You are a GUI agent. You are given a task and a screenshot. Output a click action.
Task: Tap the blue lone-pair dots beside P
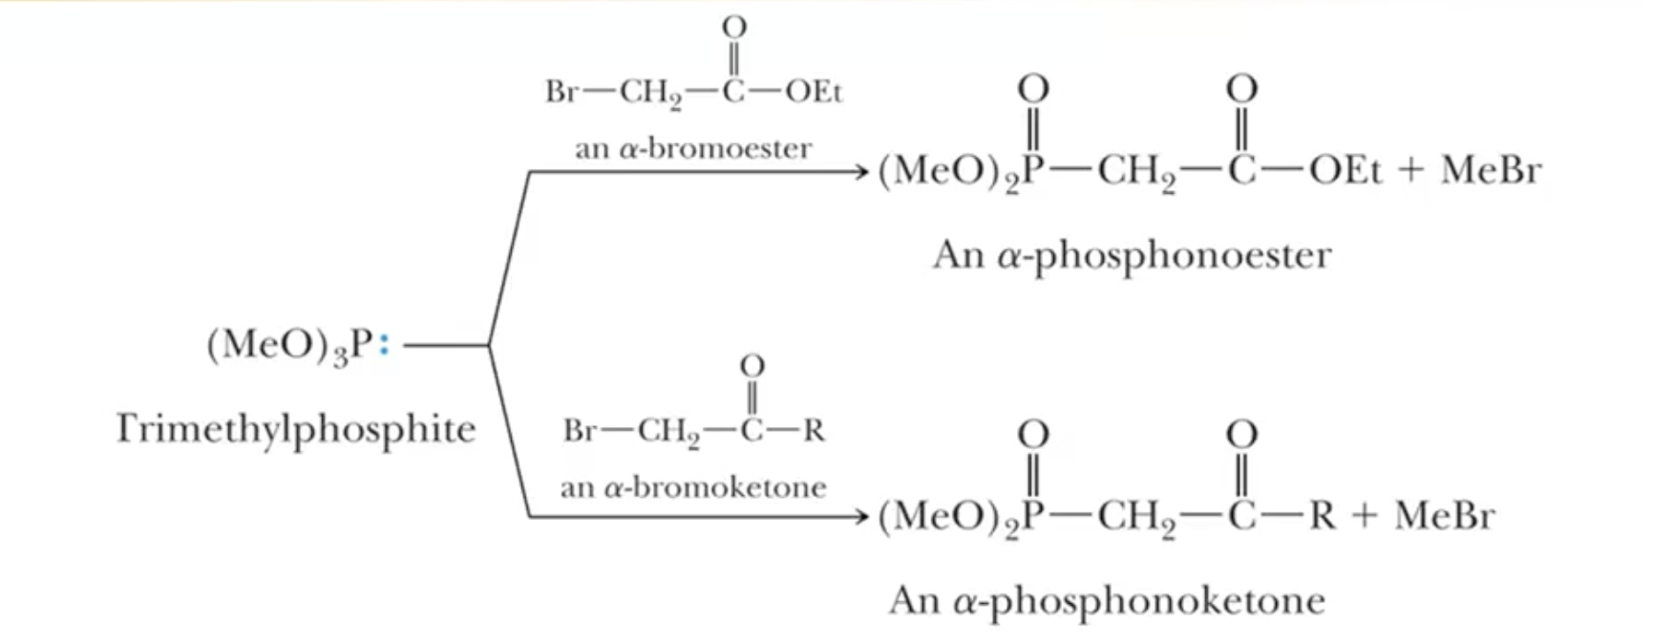[384, 345]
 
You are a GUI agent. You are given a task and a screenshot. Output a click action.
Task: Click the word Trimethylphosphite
[296, 429]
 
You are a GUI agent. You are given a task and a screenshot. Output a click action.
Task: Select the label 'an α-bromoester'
[693, 149]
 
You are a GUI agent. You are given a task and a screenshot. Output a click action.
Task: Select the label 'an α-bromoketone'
[693, 487]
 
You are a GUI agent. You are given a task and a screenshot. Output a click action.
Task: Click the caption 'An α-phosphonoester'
[1132, 255]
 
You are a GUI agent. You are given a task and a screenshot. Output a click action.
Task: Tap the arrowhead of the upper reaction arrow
[861, 172]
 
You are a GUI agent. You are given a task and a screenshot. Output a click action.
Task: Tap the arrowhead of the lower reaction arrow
[861, 517]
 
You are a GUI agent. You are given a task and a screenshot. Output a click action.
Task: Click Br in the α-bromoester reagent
[561, 92]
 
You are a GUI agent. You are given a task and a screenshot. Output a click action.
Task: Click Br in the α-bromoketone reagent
[580, 431]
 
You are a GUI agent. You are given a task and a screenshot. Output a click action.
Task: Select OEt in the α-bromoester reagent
[814, 92]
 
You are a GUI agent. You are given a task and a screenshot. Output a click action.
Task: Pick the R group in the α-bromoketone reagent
[814, 431]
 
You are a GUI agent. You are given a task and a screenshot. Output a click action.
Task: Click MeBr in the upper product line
[1491, 171]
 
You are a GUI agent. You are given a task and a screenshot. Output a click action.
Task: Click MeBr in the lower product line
[1444, 516]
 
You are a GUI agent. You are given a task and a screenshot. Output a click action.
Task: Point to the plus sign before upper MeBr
[1411, 171]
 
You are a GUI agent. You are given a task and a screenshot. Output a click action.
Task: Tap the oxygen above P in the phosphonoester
[1033, 90]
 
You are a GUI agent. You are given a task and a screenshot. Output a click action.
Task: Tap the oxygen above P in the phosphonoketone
[1033, 436]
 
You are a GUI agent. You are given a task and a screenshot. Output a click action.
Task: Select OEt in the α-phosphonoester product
[1345, 171]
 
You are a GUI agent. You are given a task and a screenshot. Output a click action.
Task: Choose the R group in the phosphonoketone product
[1323, 516]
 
